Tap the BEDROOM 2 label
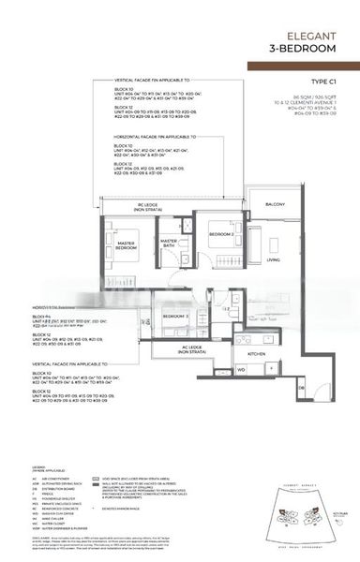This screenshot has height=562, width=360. click(x=220, y=233)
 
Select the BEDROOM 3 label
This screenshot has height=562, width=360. click(x=176, y=317)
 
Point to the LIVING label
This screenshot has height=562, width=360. click(x=273, y=259)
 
